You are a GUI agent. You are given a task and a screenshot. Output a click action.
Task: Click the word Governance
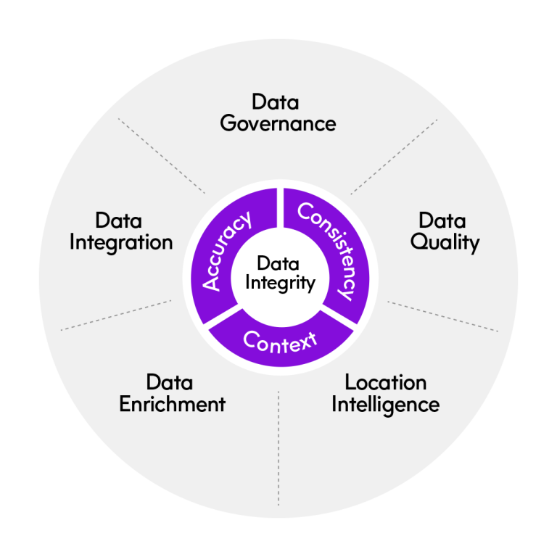(278, 123)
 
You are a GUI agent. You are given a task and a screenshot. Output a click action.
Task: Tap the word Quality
(445, 242)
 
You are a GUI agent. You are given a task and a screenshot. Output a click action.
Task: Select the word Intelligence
(385, 404)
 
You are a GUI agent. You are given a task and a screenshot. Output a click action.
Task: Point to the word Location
(385, 381)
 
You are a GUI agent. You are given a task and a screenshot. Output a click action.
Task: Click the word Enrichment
(172, 404)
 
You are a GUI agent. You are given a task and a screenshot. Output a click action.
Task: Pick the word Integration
(121, 242)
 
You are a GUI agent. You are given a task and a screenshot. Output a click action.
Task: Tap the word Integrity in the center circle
(279, 282)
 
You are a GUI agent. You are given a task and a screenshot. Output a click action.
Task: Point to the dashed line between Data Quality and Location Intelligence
(442, 315)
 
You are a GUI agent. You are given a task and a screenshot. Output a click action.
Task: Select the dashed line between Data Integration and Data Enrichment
(116, 315)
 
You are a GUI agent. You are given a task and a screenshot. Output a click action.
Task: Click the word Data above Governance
(275, 102)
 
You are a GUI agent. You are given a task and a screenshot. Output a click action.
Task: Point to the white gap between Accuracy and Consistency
(279, 207)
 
